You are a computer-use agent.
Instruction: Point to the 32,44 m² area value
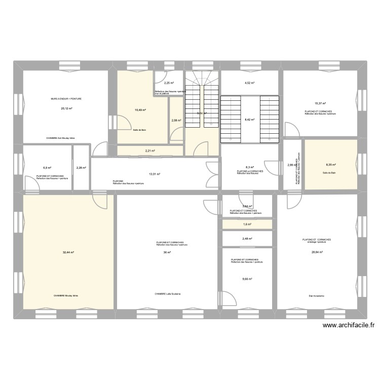68,252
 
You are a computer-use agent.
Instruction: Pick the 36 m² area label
167,252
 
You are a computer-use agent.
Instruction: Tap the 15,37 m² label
320,103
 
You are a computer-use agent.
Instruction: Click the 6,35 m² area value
330,165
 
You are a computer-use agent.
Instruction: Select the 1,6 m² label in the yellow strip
247,224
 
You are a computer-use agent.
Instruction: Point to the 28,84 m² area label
317,252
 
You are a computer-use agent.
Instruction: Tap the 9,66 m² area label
247,279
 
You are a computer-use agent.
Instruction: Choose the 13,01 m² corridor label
155,174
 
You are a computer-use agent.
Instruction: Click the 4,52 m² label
249,83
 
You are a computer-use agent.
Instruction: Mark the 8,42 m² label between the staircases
249,120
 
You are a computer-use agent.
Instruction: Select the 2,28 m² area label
81,168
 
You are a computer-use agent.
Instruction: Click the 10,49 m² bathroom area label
140,109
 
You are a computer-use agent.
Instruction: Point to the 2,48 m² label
247,239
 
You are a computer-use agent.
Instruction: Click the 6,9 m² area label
47,168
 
